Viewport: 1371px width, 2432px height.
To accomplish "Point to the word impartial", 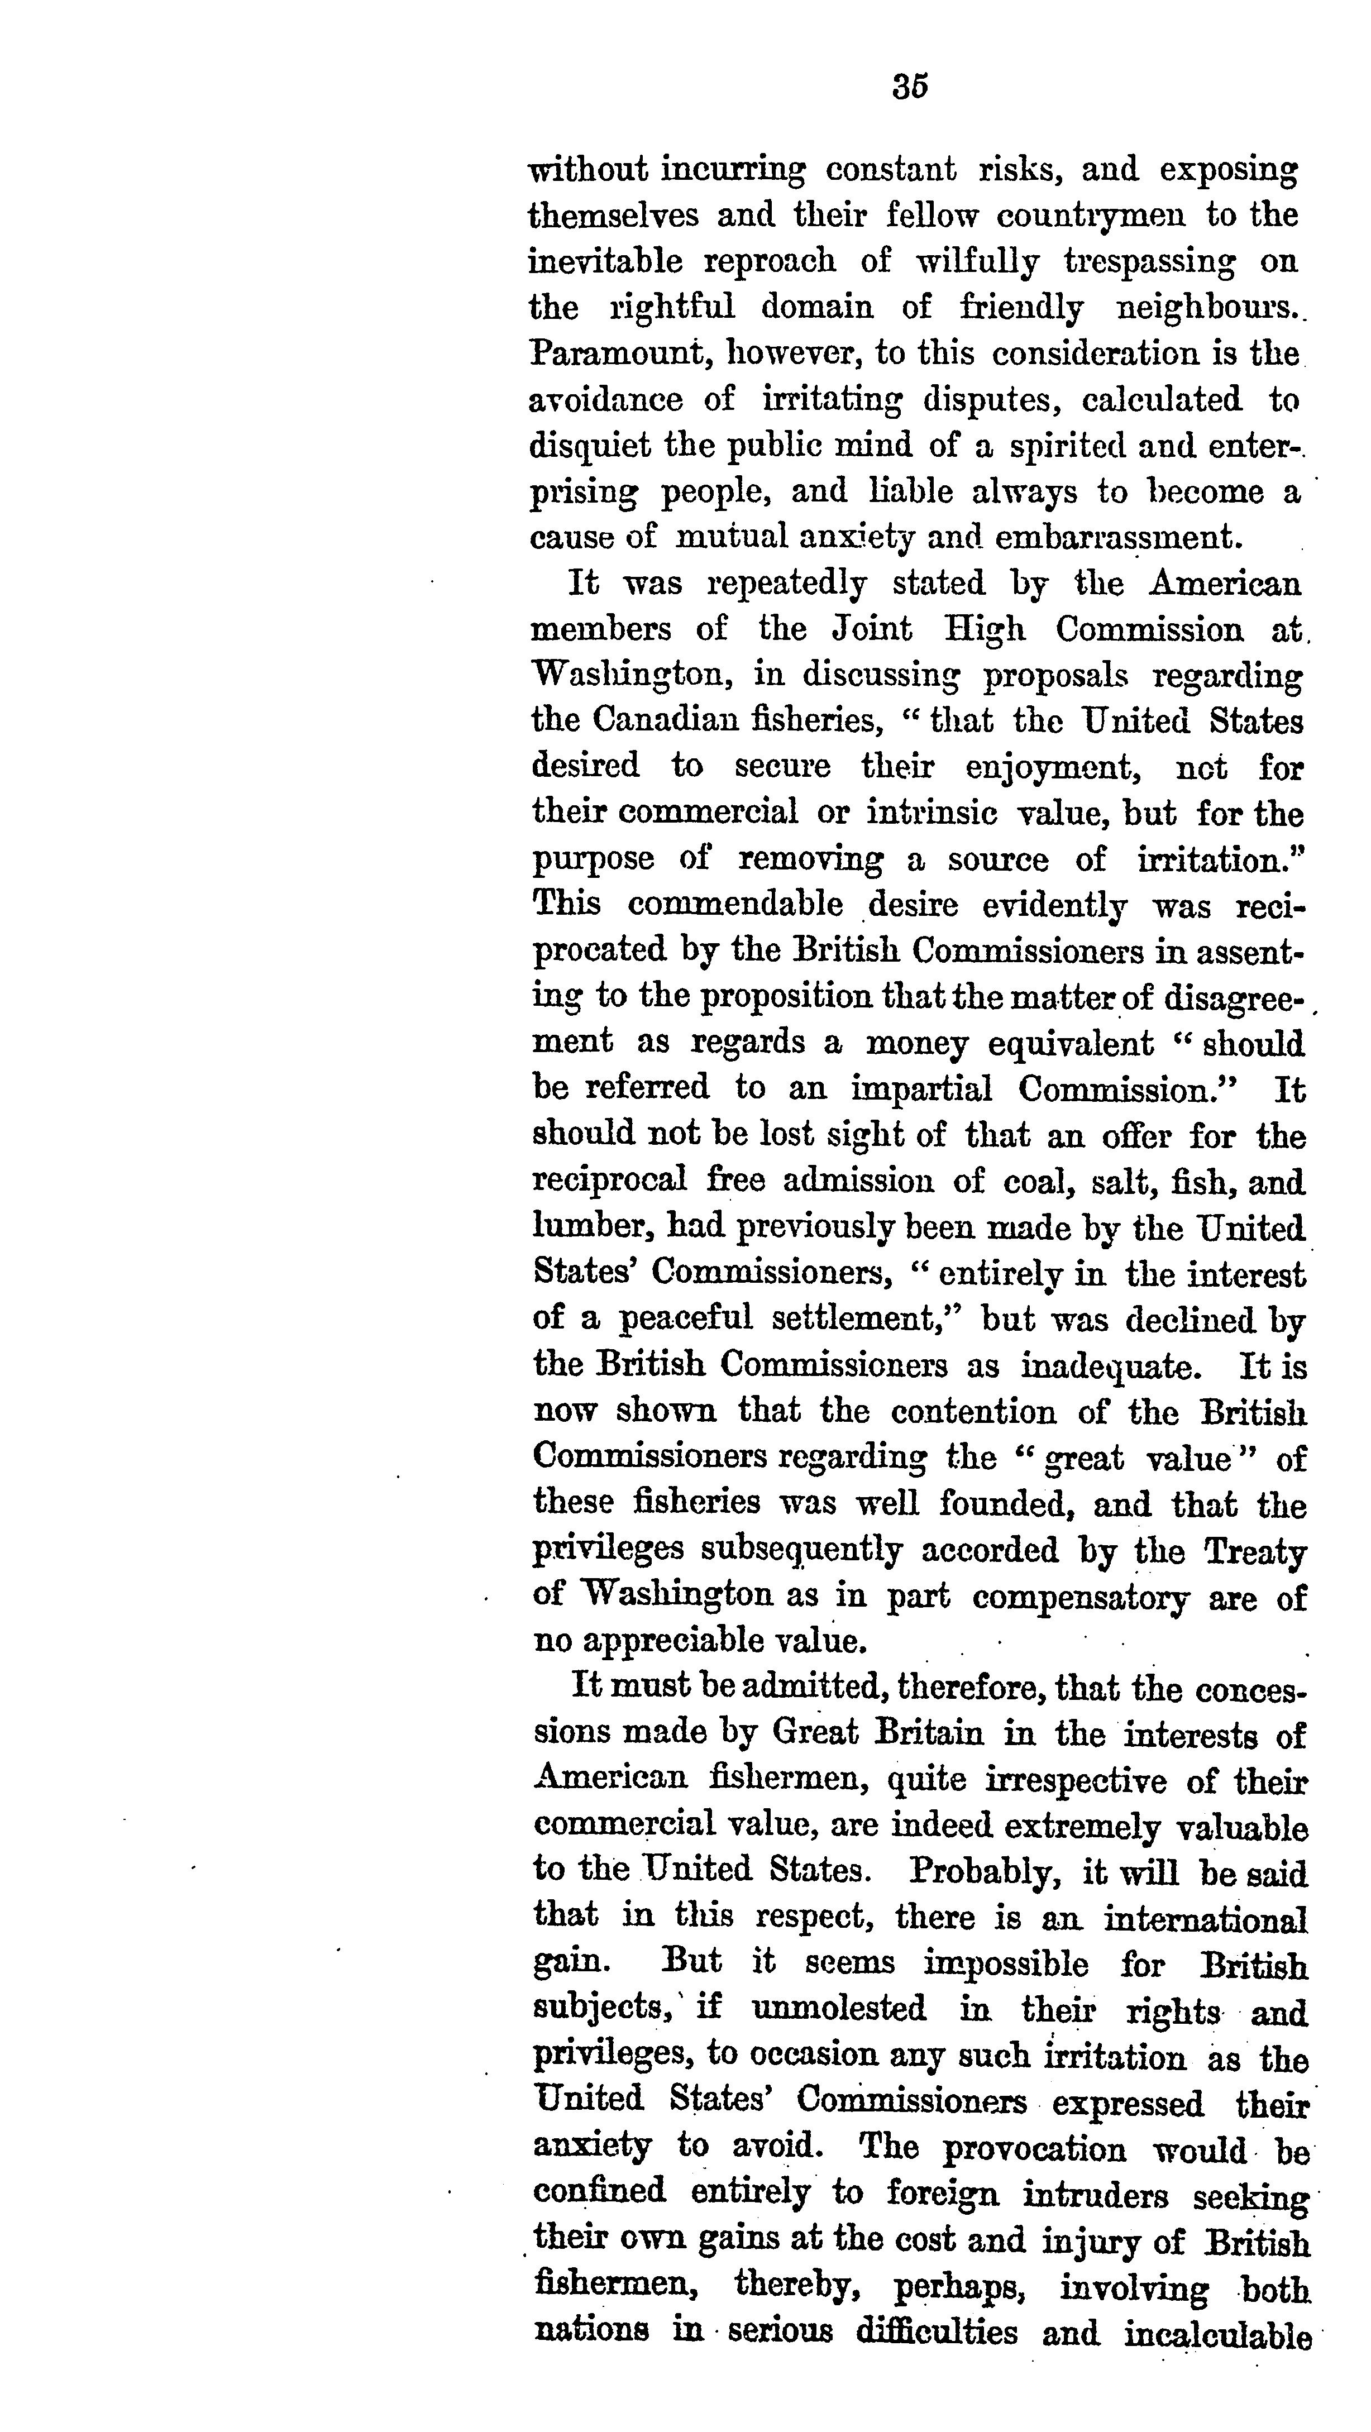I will click(921, 1088).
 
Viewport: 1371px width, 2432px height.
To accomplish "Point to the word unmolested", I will click(838, 2008).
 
